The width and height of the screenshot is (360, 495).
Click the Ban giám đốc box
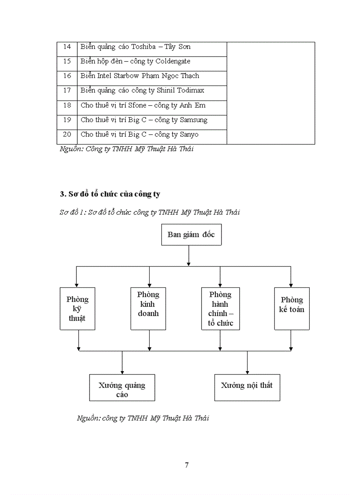click(191, 234)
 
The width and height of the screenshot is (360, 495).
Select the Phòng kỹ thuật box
click(78, 309)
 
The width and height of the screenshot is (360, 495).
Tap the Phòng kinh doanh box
click(148, 309)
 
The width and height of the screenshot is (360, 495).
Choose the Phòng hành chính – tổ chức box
click(220, 309)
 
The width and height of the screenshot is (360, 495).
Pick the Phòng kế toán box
click(292, 309)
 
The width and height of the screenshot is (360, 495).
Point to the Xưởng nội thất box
click(247, 387)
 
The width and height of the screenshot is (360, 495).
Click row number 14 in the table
click(67, 47)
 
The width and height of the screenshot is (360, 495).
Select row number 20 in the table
click(67, 134)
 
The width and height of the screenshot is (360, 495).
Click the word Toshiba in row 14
click(140, 47)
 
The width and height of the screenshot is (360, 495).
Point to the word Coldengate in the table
click(173, 61)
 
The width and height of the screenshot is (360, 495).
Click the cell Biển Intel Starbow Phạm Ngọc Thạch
click(140, 76)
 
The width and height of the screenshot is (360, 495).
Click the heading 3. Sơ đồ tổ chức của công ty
click(110, 194)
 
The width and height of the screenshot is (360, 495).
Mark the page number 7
click(187, 465)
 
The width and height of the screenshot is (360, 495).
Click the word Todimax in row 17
click(191, 90)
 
